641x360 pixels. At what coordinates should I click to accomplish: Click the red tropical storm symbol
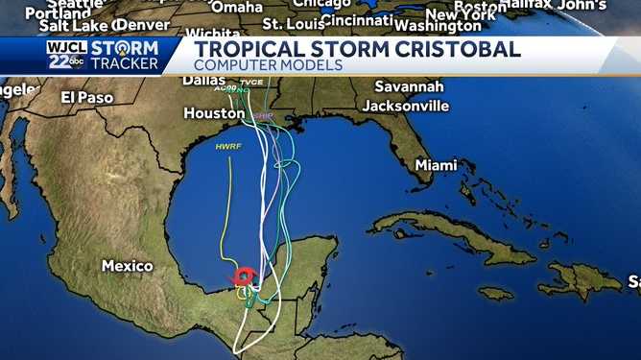[245, 277]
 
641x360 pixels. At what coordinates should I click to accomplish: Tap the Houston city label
[214, 113]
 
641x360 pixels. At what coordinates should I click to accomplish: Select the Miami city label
[437, 165]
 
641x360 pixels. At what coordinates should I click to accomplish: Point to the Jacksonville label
[405, 105]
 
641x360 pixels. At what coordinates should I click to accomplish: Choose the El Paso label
[87, 97]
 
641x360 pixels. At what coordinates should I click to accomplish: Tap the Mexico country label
[128, 265]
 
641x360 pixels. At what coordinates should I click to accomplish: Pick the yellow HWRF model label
[228, 146]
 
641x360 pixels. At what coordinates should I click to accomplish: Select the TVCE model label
[253, 84]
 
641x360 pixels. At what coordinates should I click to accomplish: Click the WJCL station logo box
[66, 54]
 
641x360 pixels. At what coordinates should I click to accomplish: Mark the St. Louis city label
[289, 23]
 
